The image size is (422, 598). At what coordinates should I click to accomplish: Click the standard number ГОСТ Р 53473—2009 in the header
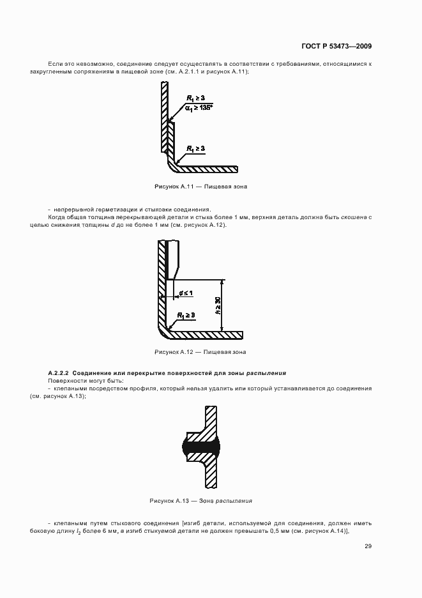click(x=336, y=46)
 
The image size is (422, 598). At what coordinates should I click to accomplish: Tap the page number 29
click(x=368, y=546)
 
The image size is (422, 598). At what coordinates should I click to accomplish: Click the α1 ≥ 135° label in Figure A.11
click(x=198, y=107)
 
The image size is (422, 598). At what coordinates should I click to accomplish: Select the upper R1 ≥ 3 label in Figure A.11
click(x=195, y=98)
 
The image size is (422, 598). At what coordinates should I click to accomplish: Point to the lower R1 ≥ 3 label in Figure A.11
click(x=195, y=149)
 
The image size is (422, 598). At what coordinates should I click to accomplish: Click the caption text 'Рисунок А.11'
click(x=174, y=187)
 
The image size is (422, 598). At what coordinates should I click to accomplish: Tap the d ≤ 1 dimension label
click(x=186, y=293)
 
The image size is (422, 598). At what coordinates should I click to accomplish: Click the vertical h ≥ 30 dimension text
click(x=218, y=305)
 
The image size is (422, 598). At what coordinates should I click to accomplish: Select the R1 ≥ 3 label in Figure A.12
click(x=186, y=316)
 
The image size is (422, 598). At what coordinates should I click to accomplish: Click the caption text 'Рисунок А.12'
click(x=174, y=352)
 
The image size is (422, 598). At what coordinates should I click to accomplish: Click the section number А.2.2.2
click(x=60, y=372)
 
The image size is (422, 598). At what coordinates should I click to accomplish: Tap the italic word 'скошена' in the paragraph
click(x=356, y=217)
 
